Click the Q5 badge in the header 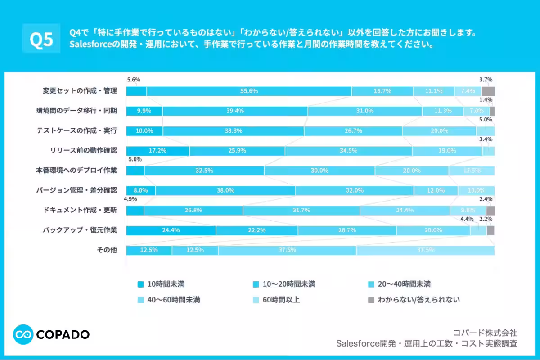pyautogui.click(x=41, y=39)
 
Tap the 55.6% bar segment pyautogui.click(x=249, y=91)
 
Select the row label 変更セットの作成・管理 pyautogui.click(x=80, y=91)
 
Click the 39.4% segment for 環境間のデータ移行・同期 pyautogui.click(x=235, y=111)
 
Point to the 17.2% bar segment pyautogui.click(x=157, y=151)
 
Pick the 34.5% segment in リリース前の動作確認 pyautogui.click(x=348, y=151)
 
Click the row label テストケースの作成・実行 pyautogui.click(x=76, y=131)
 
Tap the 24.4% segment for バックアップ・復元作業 pyautogui.click(x=171, y=230)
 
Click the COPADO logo pyautogui.click(x=51, y=334)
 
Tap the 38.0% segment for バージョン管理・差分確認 pyautogui.click(x=225, y=190)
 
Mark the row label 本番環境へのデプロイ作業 pyautogui.click(x=76, y=171)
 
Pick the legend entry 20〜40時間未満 pyautogui.click(x=399, y=284)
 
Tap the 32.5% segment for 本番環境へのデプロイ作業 pyautogui.click(x=204, y=171)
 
